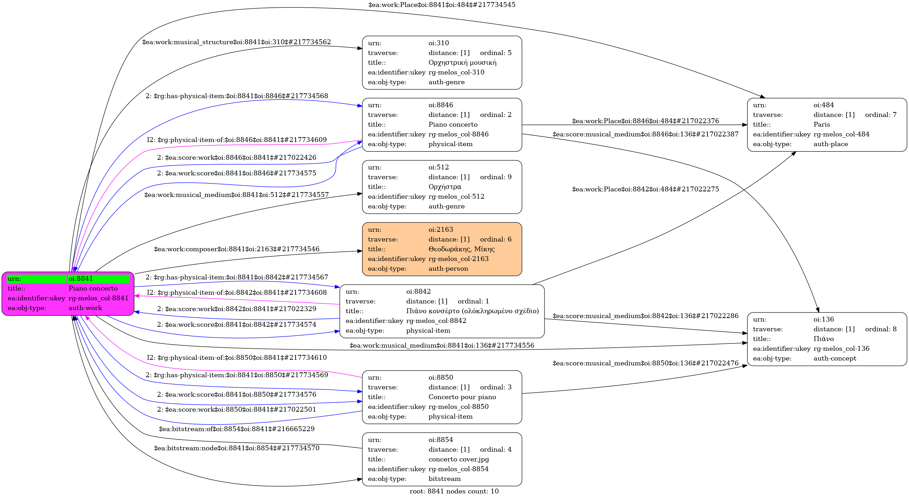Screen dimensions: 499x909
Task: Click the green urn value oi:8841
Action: pos(81,279)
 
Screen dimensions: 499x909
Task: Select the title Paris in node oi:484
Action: pos(822,125)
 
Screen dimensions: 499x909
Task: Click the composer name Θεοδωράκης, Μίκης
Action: pos(461,249)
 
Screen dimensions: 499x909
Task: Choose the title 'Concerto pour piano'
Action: pos(462,397)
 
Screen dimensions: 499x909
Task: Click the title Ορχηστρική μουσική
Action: pos(462,62)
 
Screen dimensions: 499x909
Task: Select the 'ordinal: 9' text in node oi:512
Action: pos(495,177)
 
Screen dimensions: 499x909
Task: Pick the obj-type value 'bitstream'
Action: pos(444,478)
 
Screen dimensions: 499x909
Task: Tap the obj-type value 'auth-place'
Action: pos(830,144)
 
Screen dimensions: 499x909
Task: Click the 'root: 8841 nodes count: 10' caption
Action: pos(454,491)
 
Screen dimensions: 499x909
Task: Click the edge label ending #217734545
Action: pos(442,5)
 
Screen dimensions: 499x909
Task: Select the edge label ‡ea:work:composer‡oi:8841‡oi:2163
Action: pos(236,249)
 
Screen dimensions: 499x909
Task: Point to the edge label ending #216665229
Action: pos(236,429)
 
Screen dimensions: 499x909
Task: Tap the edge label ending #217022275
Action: pos(645,189)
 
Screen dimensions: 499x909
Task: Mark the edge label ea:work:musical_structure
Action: pos(236,42)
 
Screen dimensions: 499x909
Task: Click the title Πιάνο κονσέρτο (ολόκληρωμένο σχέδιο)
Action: pos(472,311)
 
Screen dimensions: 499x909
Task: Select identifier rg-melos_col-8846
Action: pos(459,134)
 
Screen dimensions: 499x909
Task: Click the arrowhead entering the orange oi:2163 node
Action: pos(360,251)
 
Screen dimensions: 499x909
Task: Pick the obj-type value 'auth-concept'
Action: pos(834,358)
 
